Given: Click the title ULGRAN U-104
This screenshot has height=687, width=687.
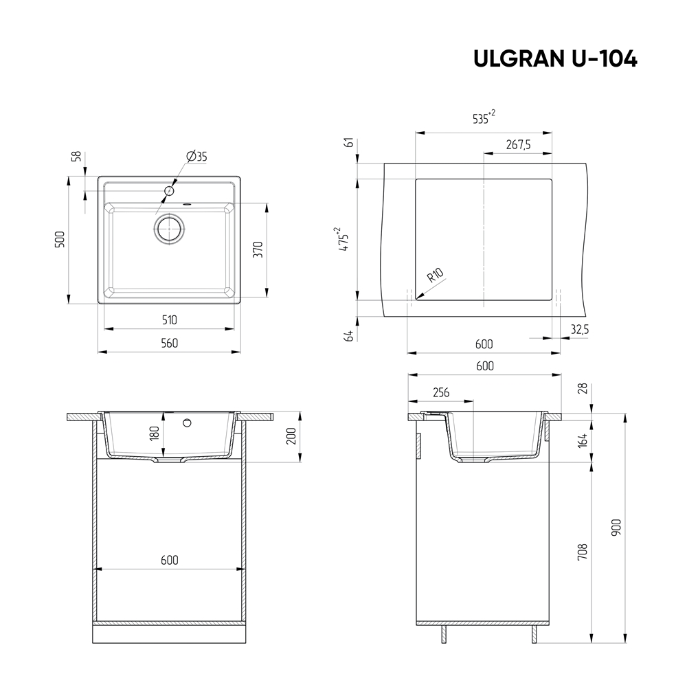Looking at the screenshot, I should (x=555, y=60).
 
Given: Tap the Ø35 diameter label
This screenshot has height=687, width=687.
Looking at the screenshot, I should (x=196, y=157).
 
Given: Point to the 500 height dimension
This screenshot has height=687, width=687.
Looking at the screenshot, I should (x=60, y=240).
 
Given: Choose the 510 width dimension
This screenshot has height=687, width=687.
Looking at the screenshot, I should (x=169, y=319).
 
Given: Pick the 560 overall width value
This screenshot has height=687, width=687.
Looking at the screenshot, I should (x=169, y=343).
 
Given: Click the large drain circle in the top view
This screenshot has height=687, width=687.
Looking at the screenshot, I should (x=169, y=229).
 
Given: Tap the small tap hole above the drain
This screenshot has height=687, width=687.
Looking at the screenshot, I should (x=168, y=189).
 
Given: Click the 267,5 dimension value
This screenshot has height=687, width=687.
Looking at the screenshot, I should (x=518, y=144).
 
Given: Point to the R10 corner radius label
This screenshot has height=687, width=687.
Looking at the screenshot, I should (x=436, y=277).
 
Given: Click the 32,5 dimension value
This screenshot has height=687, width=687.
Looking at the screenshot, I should (x=579, y=330).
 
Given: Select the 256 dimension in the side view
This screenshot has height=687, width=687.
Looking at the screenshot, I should (x=440, y=392).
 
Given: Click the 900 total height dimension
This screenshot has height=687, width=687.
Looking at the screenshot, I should (x=616, y=528).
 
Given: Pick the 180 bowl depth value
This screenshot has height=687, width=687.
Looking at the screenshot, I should (x=155, y=433).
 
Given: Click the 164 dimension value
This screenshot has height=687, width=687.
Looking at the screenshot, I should (x=583, y=440).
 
